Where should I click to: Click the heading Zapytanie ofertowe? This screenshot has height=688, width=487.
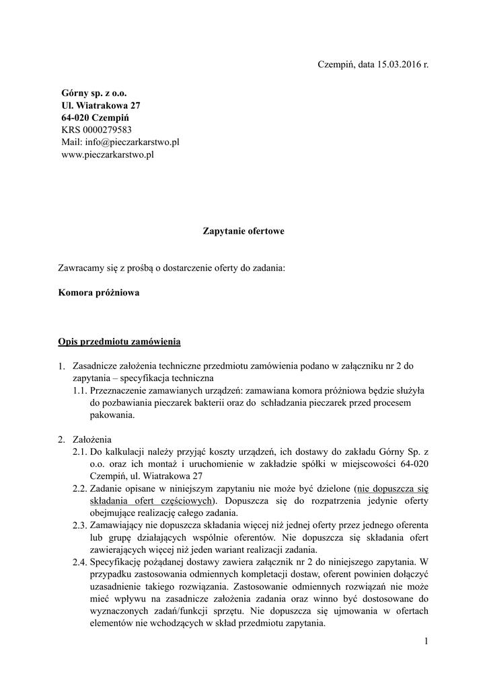point(243,231)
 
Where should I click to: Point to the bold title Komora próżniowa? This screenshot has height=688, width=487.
point(99,294)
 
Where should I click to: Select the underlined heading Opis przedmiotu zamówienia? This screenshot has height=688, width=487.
point(120,341)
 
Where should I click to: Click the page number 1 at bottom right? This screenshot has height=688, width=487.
point(426,643)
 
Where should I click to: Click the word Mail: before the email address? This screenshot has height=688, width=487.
point(71,142)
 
